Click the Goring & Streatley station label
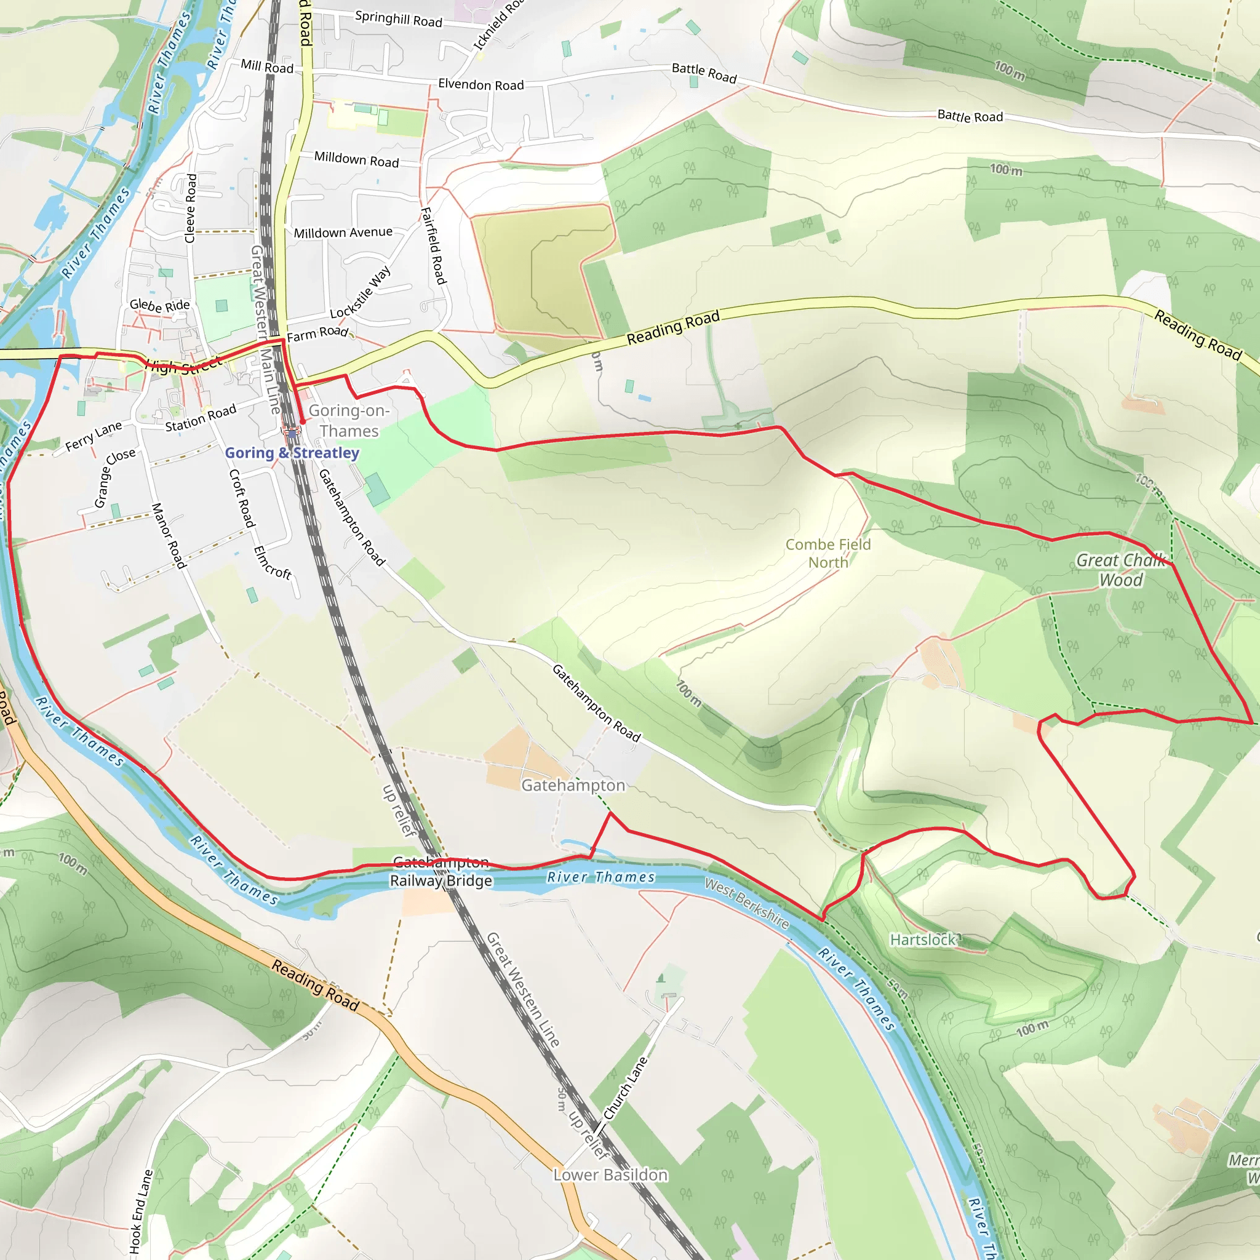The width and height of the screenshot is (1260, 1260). (x=292, y=453)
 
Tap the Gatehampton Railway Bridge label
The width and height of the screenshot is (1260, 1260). (x=441, y=872)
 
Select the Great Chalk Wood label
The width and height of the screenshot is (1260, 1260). (x=1120, y=569)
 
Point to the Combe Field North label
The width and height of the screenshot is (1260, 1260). (x=827, y=553)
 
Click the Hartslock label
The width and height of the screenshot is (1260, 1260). (x=922, y=940)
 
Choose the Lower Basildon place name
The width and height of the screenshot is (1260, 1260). (x=610, y=1174)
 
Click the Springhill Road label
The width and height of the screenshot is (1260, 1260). (x=399, y=19)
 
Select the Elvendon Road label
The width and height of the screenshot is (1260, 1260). (x=480, y=85)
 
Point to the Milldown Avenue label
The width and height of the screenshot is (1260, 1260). (x=343, y=233)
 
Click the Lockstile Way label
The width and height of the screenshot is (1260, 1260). (x=360, y=292)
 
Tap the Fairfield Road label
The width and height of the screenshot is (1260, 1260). (x=434, y=246)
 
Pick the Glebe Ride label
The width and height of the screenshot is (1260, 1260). (x=160, y=305)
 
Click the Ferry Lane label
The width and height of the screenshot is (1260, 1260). (x=94, y=436)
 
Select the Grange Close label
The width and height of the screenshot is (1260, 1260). (x=114, y=478)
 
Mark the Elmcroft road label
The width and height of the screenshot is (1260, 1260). (x=272, y=563)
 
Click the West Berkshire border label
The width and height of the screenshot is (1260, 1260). (x=747, y=904)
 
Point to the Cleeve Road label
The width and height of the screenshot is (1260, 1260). (x=191, y=208)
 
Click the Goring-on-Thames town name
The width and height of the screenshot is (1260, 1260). (x=349, y=421)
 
